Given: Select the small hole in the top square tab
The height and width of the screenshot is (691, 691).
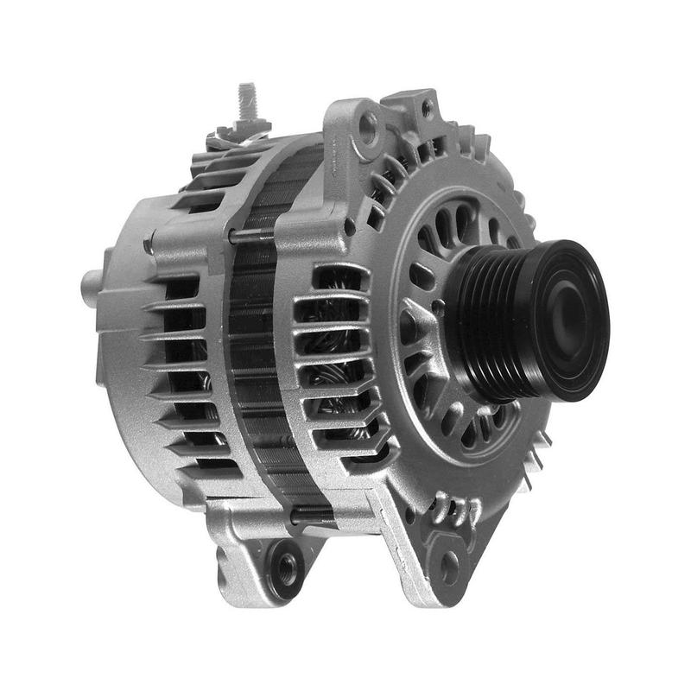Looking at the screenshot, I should click(426, 110).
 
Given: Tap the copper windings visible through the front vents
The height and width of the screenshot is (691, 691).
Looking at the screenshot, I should click(333, 363).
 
